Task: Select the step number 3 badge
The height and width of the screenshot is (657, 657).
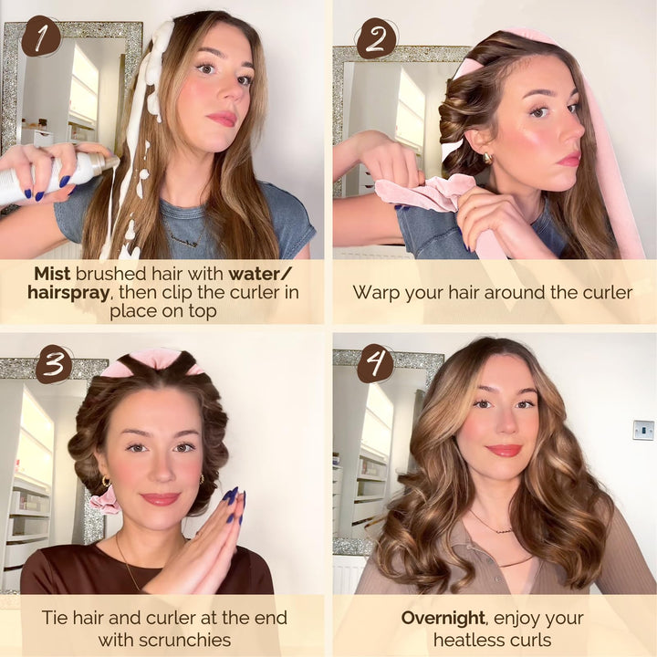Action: click(54, 364)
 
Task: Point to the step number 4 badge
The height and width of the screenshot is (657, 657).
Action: click(375, 364)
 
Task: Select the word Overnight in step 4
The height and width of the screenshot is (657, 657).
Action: click(441, 618)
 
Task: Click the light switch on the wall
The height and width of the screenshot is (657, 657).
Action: click(643, 430)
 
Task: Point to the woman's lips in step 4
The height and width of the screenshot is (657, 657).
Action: click(503, 450)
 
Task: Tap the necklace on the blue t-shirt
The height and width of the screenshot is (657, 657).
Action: click(187, 241)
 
